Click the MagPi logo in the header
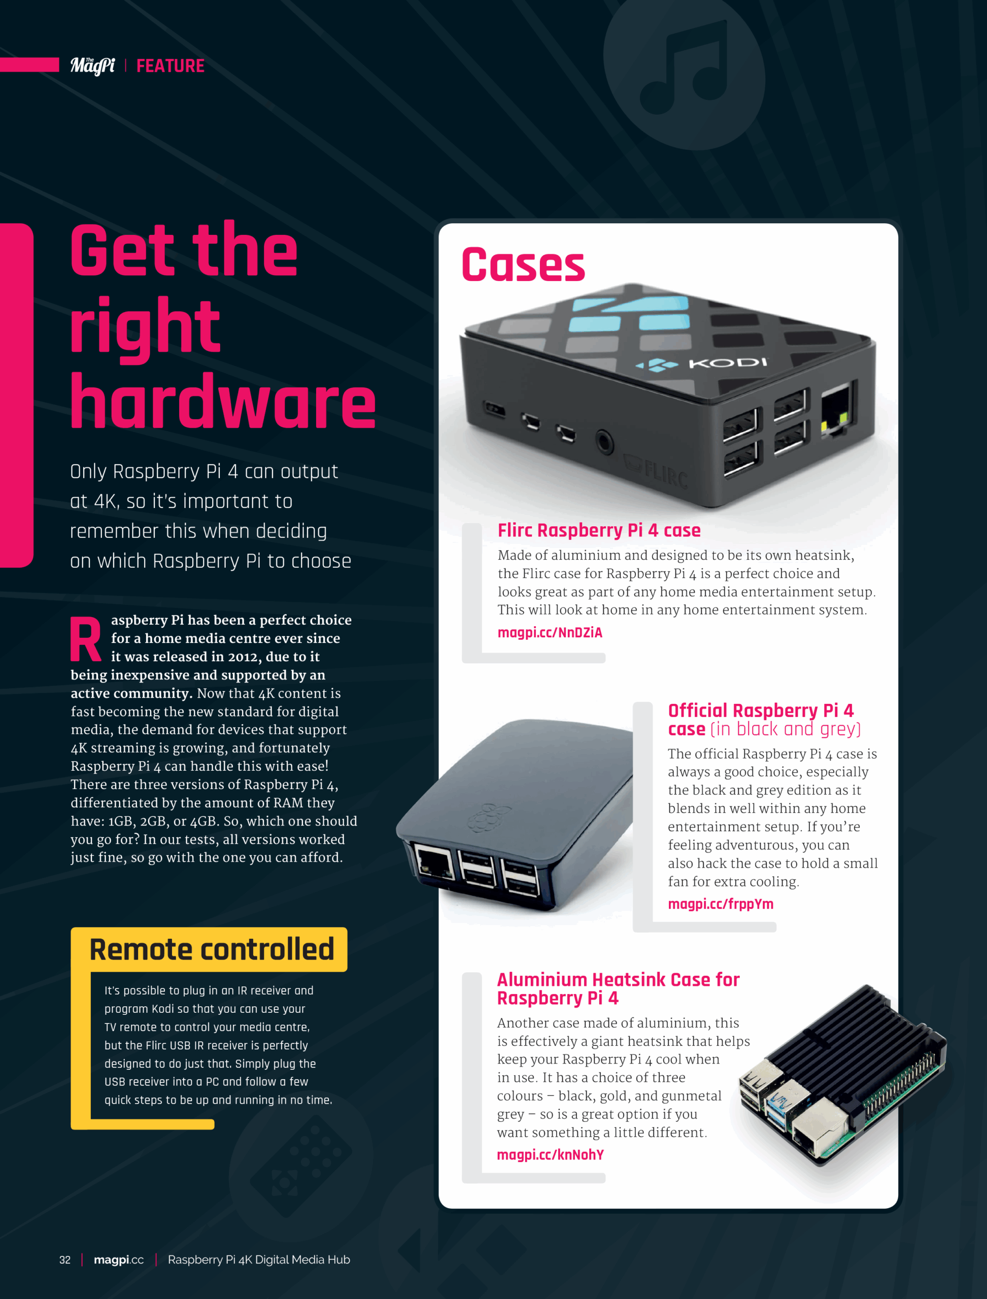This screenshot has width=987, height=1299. tap(92, 66)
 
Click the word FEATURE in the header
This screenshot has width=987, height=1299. tap(171, 66)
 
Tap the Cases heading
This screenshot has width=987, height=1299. tap(523, 264)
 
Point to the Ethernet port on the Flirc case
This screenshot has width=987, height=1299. tap(837, 411)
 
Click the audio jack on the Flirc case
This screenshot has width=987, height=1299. tap(604, 440)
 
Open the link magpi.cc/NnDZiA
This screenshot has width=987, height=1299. tap(550, 633)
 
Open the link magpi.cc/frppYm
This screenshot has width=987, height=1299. tap(720, 904)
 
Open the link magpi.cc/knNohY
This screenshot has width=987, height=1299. tap(550, 1155)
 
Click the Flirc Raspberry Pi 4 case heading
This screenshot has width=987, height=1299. tap(599, 531)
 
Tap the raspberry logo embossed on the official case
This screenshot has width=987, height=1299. tap(489, 818)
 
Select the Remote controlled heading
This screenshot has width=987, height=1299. tap(212, 949)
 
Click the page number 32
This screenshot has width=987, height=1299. tap(64, 1259)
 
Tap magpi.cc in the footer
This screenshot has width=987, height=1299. tap(119, 1259)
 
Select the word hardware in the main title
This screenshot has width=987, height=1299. tap(223, 401)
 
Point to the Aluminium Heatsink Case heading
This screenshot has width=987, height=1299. tap(618, 989)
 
